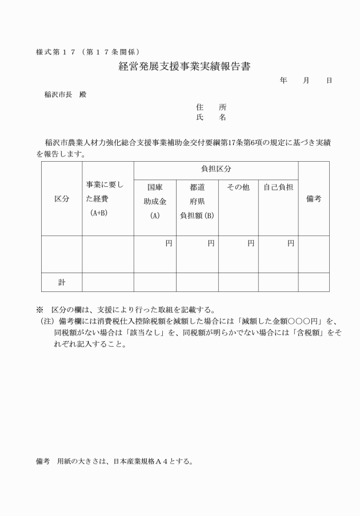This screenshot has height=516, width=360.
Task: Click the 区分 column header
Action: [x=62, y=199]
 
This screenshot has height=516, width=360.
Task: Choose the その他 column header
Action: [x=238, y=187]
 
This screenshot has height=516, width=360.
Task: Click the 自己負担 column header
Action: [x=278, y=187]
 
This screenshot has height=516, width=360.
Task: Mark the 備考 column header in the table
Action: [x=314, y=199]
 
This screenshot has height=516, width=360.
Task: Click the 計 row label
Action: [x=62, y=282]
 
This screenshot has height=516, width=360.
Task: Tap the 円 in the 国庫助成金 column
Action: [x=169, y=243]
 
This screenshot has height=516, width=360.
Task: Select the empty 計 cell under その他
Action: [x=238, y=282]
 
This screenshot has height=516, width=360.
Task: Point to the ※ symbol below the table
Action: [x=39, y=310]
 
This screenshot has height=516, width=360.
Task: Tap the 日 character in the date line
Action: [x=329, y=81]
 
